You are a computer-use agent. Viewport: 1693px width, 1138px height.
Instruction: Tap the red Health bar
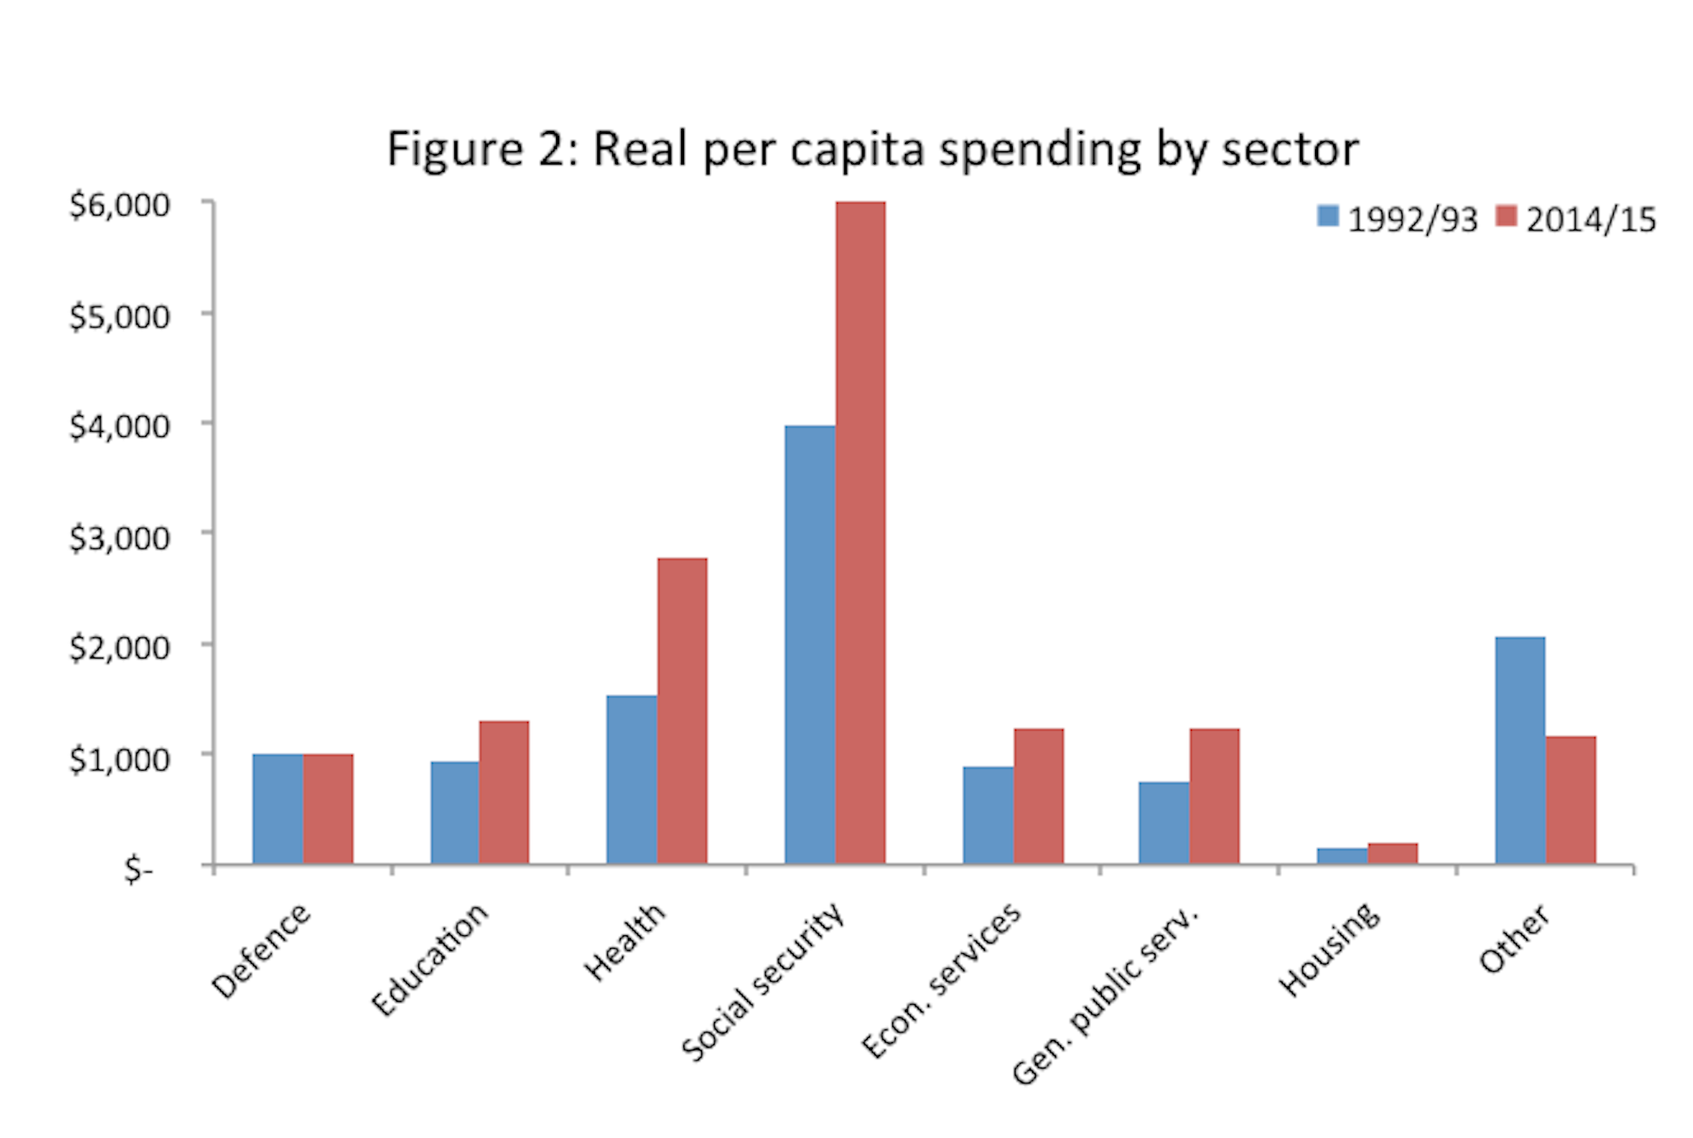pyautogui.click(x=682, y=711)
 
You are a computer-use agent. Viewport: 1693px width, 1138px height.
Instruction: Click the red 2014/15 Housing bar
pyautogui.click(x=1393, y=854)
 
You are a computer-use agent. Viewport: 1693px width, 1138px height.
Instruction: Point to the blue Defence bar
pyautogui.click(x=278, y=809)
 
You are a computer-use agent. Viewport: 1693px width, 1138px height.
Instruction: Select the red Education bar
pyautogui.click(x=504, y=792)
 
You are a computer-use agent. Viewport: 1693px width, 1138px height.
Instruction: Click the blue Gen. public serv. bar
pyautogui.click(x=1164, y=823)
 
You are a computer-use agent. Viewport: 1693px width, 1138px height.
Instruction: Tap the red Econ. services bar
pyautogui.click(x=1039, y=796)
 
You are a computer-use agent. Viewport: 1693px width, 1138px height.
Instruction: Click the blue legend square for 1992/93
pyautogui.click(x=1328, y=216)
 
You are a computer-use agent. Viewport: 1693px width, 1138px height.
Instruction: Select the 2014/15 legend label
pyautogui.click(x=1590, y=220)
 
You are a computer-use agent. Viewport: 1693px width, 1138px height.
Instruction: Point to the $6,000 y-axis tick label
pyautogui.click(x=120, y=205)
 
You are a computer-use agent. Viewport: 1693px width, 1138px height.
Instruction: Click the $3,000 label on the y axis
pyautogui.click(x=120, y=537)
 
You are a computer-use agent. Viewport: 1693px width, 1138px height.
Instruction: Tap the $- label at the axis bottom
pyautogui.click(x=138, y=869)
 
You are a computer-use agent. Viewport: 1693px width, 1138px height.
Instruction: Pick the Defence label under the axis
pyautogui.click(x=260, y=950)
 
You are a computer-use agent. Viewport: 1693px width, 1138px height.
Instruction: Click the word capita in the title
pyautogui.click(x=858, y=149)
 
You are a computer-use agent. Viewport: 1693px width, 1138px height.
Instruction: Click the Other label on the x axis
pyautogui.click(x=1514, y=938)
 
